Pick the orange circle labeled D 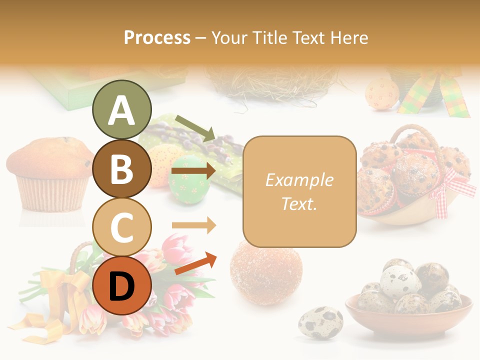(x=121, y=285)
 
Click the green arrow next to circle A (x=195, y=127)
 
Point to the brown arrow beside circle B (x=193, y=171)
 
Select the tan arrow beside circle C (x=193, y=225)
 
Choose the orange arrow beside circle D (x=195, y=263)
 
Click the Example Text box (x=299, y=191)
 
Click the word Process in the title (x=157, y=37)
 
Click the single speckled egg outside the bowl (x=320, y=322)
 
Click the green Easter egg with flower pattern (x=189, y=180)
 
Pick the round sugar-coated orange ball (x=266, y=271)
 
